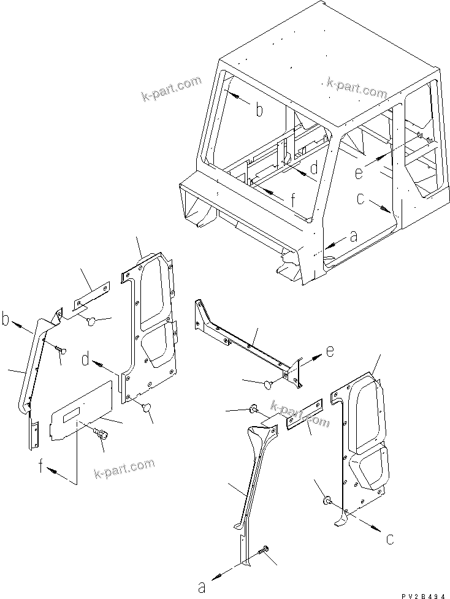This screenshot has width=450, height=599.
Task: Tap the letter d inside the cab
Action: click(313, 167)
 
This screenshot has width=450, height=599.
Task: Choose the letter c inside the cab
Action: click(362, 199)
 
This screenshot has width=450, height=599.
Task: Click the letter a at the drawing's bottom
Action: click(201, 587)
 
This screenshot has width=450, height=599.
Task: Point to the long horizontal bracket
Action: click(245, 343)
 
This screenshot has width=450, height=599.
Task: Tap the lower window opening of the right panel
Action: click(370, 469)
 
